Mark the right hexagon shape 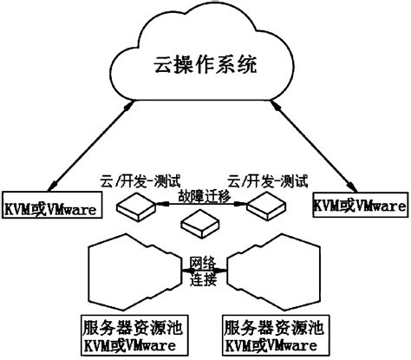tap(277, 272)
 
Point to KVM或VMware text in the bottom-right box tap(273, 346)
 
